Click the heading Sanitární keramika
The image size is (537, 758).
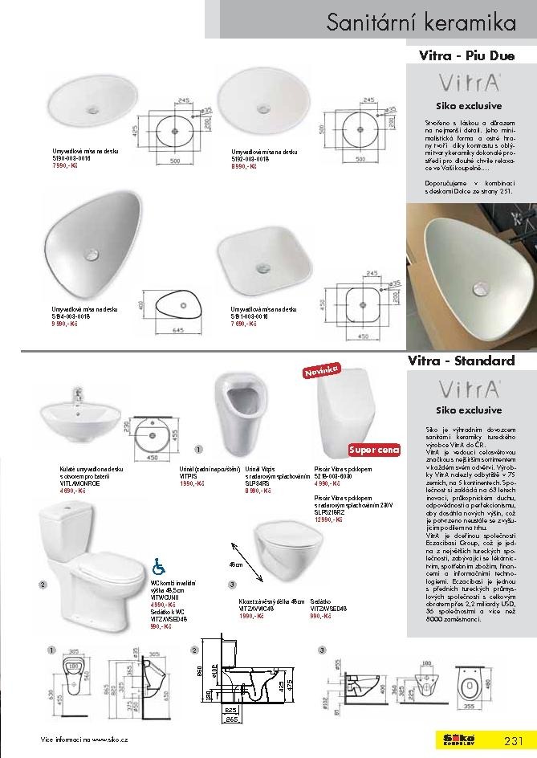pyautogui.click(x=421, y=22)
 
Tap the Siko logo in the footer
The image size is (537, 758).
pyautogui.click(x=460, y=739)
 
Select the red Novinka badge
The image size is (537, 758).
pyautogui.click(x=321, y=372)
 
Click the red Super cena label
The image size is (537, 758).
pyautogui.click(x=374, y=450)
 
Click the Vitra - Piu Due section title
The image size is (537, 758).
pyautogui.click(x=466, y=56)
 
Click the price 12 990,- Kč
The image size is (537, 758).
pyautogui.click(x=330, y=520)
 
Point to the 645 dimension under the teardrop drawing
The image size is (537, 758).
pyautogui.click(x=178, y=308)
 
